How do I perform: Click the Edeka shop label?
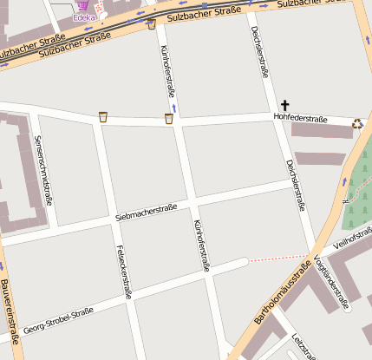point(84,17)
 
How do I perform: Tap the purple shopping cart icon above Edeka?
point(83,5)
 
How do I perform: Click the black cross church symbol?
point(284,104)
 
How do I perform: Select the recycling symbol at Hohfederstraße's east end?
point(357,122)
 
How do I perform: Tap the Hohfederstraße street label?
point(300,118)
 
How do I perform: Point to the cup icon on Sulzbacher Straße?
point(152,24)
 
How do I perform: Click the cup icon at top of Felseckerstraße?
point(103,116)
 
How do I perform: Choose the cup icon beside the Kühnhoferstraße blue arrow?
point(168,118)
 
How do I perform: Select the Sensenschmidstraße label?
point(42,170)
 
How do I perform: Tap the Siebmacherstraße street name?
point(146,212)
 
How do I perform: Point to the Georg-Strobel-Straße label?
point(58,322)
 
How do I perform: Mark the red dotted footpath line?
point(277,258)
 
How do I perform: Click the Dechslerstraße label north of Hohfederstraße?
point(258,52)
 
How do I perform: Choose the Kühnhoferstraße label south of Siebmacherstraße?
point(201,245)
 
